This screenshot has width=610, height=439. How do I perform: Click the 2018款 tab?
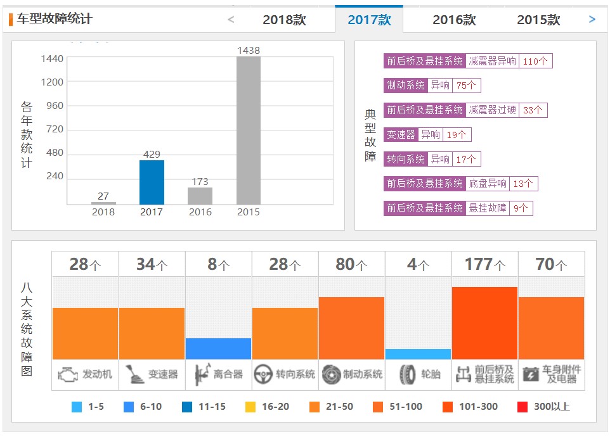point(284,20)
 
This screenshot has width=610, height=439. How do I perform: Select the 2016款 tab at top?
point(454,20)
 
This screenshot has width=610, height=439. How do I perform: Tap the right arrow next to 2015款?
point(592,20)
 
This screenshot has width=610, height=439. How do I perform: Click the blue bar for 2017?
point(152,182)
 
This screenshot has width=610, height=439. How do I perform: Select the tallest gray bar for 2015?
point(248,130)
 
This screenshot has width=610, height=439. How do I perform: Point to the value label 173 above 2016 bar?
point(200,182)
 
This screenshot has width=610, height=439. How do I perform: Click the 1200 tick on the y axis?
point(52,82)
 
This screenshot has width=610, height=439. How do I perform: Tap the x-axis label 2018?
point(103,212)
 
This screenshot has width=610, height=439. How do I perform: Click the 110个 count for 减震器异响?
point(535,61)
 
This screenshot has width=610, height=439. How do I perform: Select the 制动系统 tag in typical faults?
point(405,86)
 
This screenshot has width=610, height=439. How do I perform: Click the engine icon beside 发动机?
point(67,374)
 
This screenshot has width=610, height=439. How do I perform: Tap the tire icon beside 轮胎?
point(407,375)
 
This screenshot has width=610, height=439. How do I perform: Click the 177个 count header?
point(484,265)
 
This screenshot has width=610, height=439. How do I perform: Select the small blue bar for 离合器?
point(218,348)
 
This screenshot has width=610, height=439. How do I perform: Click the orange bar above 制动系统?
point(351,328)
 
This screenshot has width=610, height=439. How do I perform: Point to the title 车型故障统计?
point(54,19)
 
